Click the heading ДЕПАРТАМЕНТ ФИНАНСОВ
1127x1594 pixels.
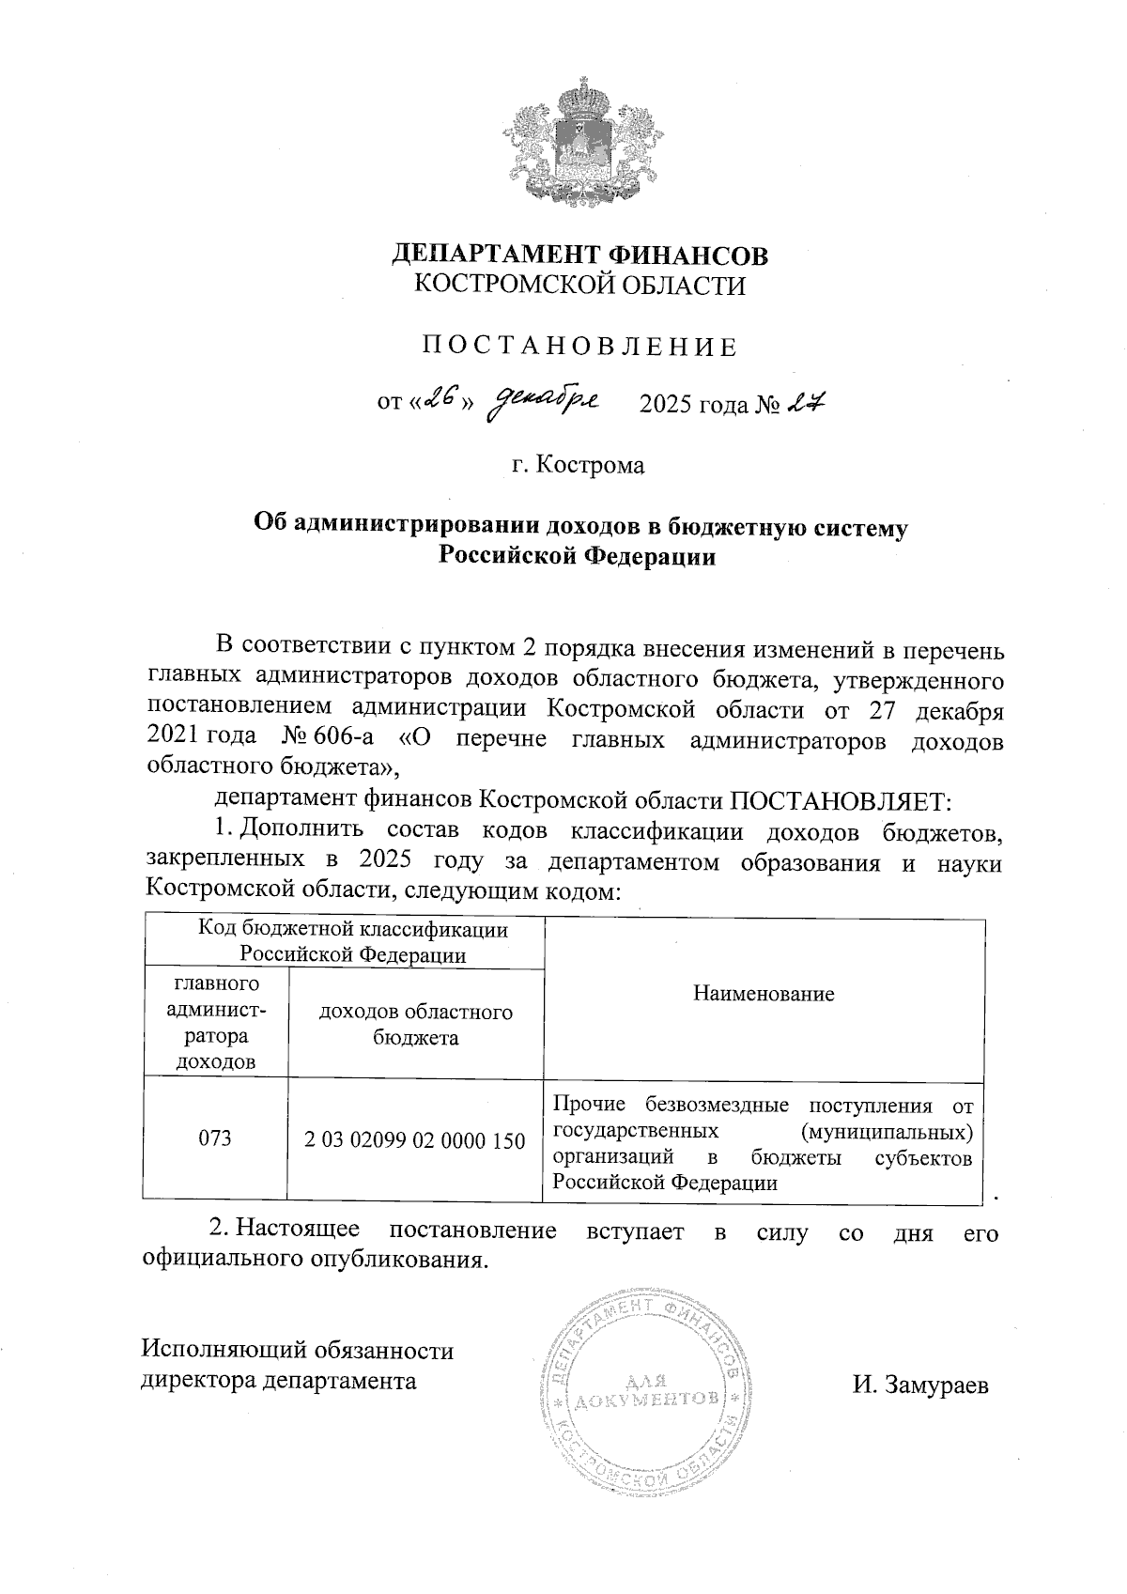[579, 255]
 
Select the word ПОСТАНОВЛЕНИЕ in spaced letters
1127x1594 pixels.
[579, 347]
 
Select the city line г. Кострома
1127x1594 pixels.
[579, 464]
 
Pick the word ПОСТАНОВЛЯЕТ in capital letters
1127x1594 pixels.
[841, 800]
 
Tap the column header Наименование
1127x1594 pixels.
[764, 994]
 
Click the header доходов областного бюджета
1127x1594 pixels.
[415, 1025]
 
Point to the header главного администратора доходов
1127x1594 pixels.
[215, 1023]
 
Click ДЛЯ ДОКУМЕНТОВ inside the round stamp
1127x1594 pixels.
[644, 1391]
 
